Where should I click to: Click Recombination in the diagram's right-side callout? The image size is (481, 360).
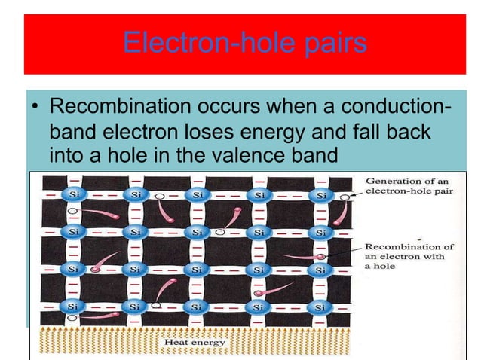tap(399, 246)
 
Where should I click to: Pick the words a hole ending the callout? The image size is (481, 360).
tap(378, 267)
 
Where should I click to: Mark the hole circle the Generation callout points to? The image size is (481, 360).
tap(344, 197)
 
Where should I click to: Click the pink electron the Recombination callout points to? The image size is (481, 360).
tap(321, 257)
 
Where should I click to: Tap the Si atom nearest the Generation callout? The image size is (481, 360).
tap(320, 195)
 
